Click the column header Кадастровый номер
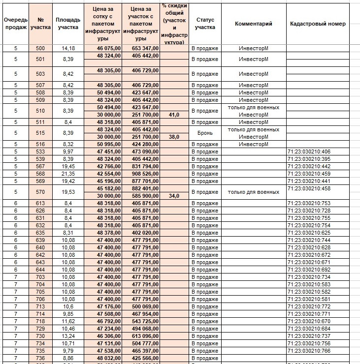point(318,24)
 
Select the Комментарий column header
point(254,24)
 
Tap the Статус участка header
point(205,24)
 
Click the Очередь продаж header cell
point(16,24)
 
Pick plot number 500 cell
point(40,49)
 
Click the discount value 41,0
point(174,115)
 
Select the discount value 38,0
point(174,137)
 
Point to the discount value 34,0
point(174,196)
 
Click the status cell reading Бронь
point(205,133)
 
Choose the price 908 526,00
point(141,174)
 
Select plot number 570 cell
point(40,192)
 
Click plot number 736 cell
point(40,358)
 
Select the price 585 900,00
point(141,196)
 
